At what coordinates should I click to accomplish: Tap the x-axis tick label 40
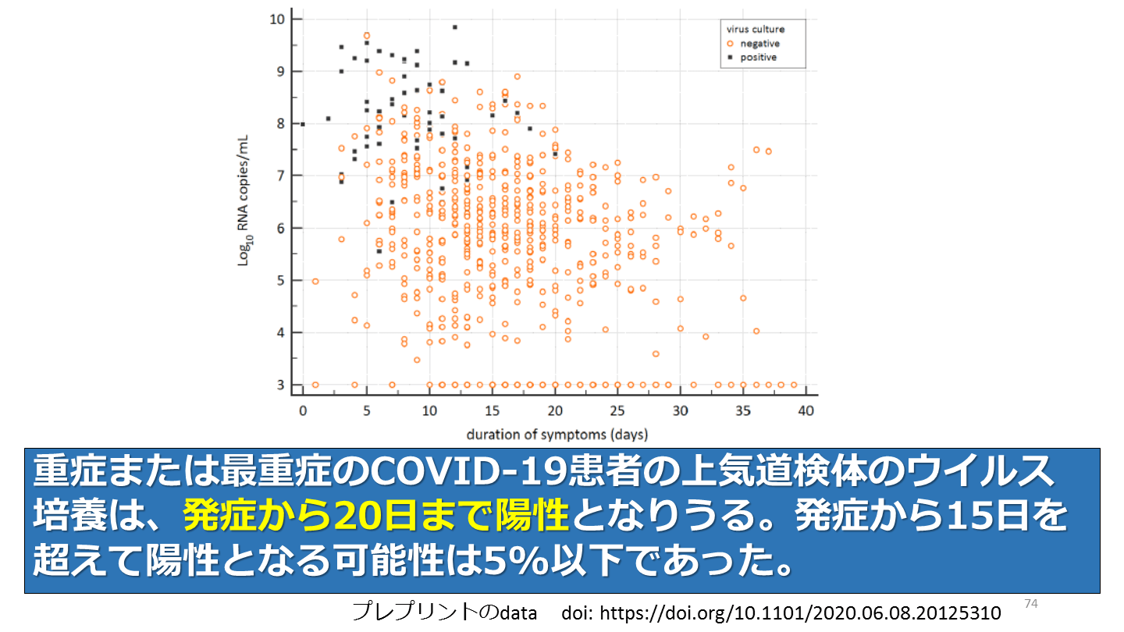806,410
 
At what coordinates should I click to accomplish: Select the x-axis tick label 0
303,410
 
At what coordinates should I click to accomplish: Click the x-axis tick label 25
617,410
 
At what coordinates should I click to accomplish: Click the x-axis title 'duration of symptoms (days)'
557,433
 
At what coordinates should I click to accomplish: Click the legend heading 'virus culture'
756,30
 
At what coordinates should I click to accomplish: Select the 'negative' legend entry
759,44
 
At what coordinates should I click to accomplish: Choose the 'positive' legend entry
758,57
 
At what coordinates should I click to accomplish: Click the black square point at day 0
303,123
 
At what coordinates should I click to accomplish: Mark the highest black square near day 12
454,27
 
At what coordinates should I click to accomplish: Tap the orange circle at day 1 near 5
315,281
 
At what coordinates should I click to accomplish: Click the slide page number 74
1030,603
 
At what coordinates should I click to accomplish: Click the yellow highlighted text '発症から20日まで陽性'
375,515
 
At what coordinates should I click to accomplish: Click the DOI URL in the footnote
781,613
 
